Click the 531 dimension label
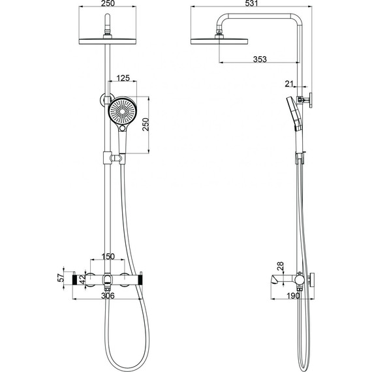[249, 5]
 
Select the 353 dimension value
[260, 59]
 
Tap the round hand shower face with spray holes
[121, 112]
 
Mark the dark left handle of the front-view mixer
[74, 280]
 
